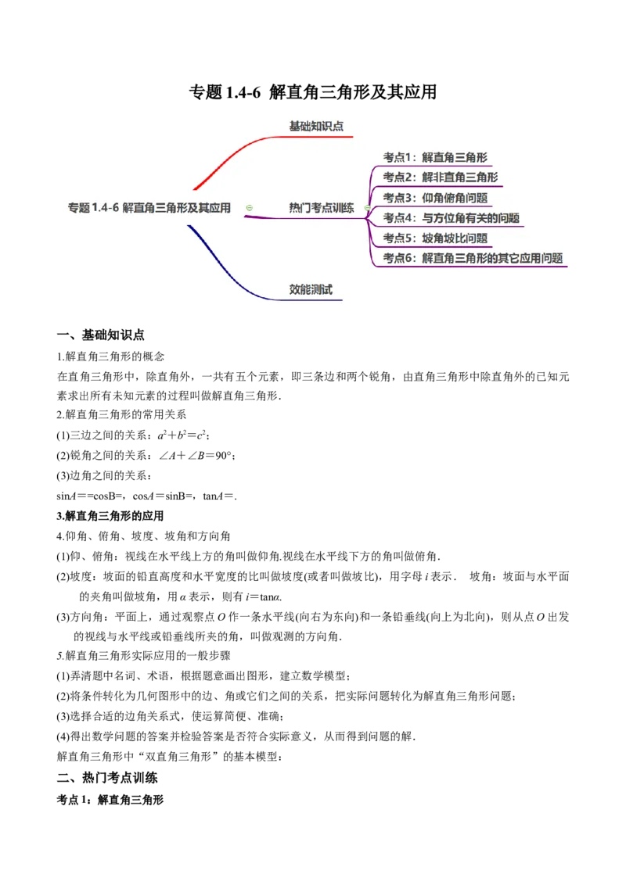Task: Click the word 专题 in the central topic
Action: click(x=78, y=208)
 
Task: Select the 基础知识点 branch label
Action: click(x=316, y=126)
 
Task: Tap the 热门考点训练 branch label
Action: click(x=321, y=208)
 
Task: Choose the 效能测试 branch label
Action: click(x=311, y=289)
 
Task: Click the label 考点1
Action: click(x=398, y=157)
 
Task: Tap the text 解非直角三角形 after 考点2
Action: click(x=460, y=177)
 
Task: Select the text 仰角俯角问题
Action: click(x=455, y=198)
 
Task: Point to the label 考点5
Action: click(x=398, y=238)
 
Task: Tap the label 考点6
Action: click(x=398, y=259)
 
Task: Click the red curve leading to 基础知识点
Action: click(x=227, y=156)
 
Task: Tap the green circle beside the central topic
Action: click(x=249, y=208)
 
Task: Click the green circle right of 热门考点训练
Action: click(x=367, y=208)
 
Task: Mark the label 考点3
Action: click(x=398, y=198)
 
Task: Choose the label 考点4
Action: click(x=398, y=218)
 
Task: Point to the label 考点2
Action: click(x=398, y=177)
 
